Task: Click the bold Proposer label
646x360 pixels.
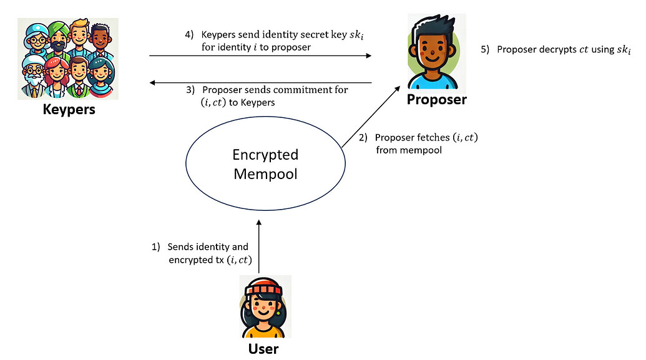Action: (436, 99)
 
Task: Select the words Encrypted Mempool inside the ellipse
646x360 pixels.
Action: (265, 164)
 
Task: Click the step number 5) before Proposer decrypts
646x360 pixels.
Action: (484, 49)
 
